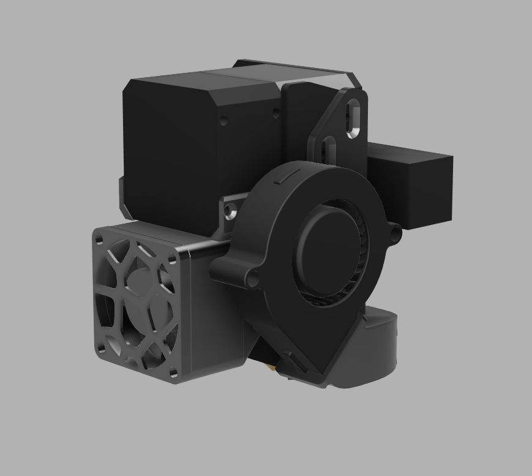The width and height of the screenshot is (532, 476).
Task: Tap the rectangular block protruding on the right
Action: tap(422, 184)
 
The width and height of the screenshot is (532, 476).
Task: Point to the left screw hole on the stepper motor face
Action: tap(223, 119)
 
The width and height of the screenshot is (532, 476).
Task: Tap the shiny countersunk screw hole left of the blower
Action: tap(229, 213)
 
